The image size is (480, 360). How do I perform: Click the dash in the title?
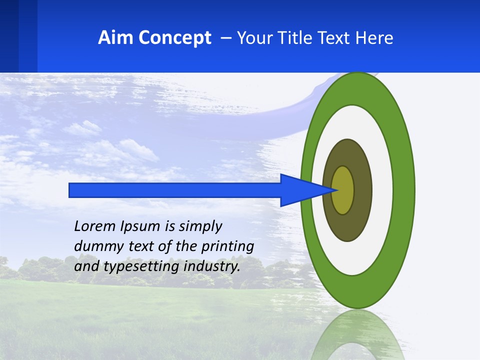pos(225,38)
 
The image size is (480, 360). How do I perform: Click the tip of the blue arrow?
pos(337,190)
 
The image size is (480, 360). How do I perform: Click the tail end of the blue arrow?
pos(70,190)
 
